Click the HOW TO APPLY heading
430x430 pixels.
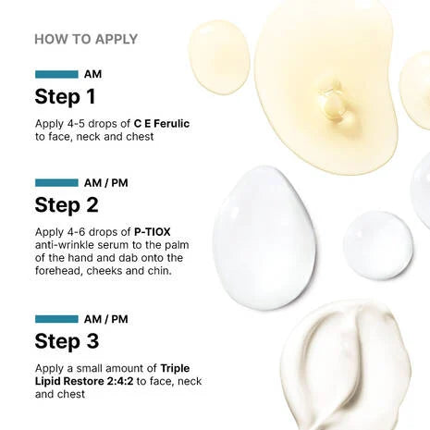coord(86,39)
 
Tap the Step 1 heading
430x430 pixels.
coord(66,96)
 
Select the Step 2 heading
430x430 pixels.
coord(67,204)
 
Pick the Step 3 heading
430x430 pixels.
coord(67,340)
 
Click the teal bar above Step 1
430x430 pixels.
coord(56,74)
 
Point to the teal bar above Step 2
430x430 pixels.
coord(56,182)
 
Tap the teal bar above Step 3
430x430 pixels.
coord(56,318)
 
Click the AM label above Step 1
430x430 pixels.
coord(92,74)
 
